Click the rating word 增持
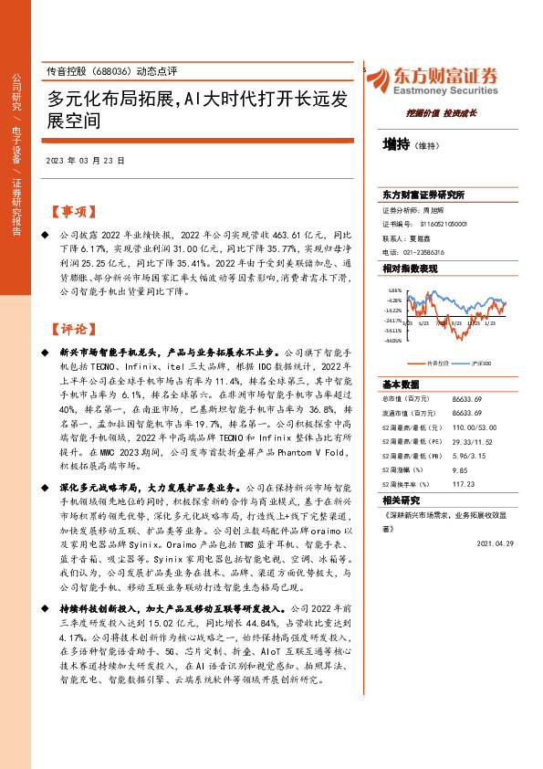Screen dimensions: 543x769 pos(396,143)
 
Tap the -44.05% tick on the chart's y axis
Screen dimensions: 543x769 pos(392,342)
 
